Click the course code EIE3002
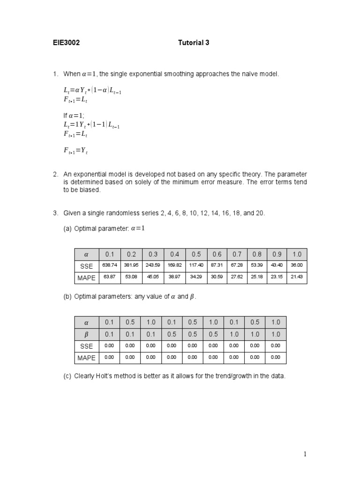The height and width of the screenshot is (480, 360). coord(66,43)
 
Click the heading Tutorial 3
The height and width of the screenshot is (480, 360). coord(194,43)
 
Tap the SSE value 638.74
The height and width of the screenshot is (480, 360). coord(109,266)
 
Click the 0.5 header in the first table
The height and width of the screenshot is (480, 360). coord(196,254)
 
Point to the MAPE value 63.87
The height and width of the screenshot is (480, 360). coord(109,277)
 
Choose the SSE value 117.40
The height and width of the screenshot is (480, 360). coord(196,266)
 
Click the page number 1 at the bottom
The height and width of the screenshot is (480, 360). coord(305,454)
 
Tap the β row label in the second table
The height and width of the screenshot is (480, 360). coord(86,334)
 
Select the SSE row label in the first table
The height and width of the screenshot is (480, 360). coord(86,266)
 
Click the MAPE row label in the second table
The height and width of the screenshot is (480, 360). coord(86,358)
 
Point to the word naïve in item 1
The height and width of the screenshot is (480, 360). coord(250,74)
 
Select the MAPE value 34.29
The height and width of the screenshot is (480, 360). coord(196,277)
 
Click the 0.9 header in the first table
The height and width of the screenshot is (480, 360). coord(277,254)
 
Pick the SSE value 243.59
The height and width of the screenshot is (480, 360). coord(153,266)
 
